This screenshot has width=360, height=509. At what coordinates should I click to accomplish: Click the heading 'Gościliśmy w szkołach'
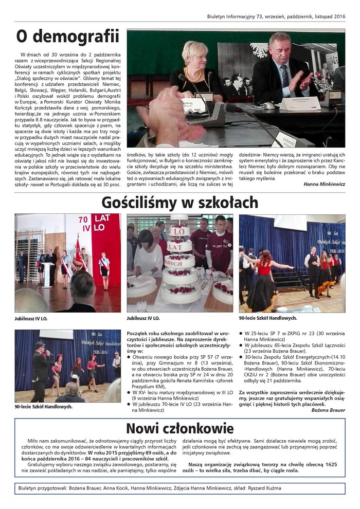click(x=179, y=202)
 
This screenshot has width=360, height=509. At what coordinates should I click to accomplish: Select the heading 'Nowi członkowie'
click(x=180, y=428)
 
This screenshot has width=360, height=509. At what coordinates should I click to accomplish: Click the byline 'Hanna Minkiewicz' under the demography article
click(x=324, y=184)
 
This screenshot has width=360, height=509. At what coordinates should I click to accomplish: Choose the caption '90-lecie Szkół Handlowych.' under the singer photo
click(x=44, y=406)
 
